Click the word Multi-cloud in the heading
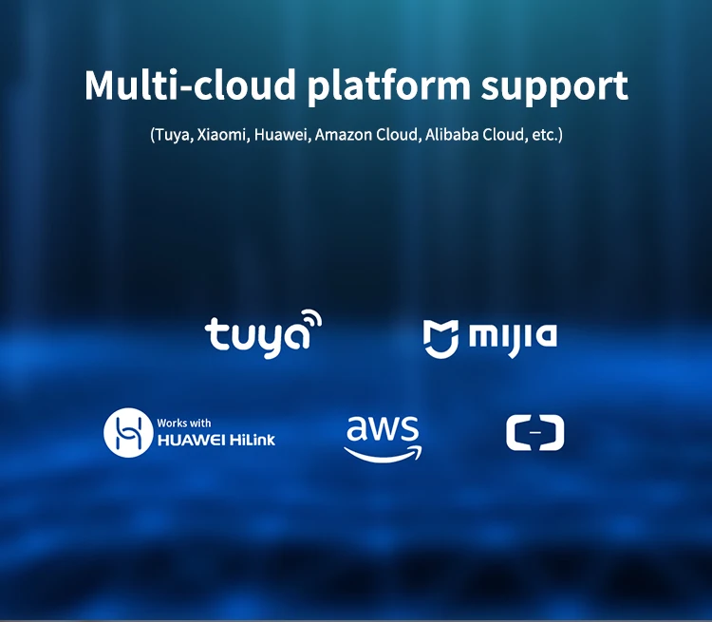pos(189,85)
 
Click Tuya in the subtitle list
pos(172,135)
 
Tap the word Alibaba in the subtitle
pos(451,135)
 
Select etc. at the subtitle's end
pos(545,135)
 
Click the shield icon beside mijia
pos(441,338)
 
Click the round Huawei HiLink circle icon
pos(128,433)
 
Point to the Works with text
pos(184,423)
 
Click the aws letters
pos(382,429)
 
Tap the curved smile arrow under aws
pos(382,453)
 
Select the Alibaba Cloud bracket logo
pos(534,433)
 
